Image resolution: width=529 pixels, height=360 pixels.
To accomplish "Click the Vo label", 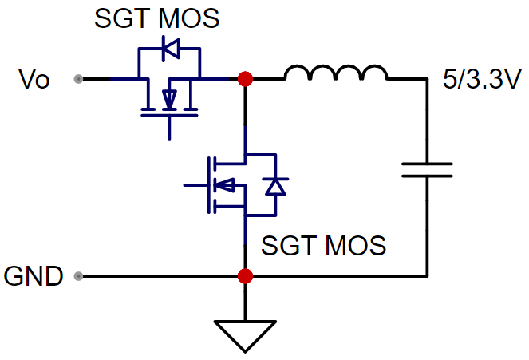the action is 34,79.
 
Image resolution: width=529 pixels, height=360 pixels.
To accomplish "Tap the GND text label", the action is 34,276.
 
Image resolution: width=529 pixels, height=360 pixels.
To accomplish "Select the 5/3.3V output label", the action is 482,79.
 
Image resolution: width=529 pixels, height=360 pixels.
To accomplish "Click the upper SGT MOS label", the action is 157,18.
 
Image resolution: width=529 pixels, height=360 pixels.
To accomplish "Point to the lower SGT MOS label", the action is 323,245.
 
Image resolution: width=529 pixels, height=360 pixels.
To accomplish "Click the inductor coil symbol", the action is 336,72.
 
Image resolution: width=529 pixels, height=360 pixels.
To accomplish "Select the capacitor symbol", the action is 427,170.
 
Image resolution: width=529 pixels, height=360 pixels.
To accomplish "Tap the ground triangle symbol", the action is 245,336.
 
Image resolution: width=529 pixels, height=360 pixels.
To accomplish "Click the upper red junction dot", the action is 245,79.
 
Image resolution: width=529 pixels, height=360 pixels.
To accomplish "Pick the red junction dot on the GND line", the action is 245,276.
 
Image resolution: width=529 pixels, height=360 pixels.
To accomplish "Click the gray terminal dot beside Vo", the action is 78,79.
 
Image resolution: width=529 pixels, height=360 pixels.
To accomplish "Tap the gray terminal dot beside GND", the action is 78,276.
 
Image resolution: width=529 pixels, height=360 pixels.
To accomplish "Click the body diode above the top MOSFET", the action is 171,49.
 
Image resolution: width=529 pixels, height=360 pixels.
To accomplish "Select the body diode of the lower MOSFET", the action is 276,186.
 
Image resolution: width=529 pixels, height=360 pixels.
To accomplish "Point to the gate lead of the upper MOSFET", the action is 169,129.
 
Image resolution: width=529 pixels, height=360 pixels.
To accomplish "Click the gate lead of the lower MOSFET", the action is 195,185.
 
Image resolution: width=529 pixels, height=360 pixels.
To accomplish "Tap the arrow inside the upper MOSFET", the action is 169,99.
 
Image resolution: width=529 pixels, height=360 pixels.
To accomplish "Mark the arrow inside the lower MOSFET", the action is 225,185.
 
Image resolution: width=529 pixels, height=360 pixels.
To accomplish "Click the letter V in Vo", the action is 26,79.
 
